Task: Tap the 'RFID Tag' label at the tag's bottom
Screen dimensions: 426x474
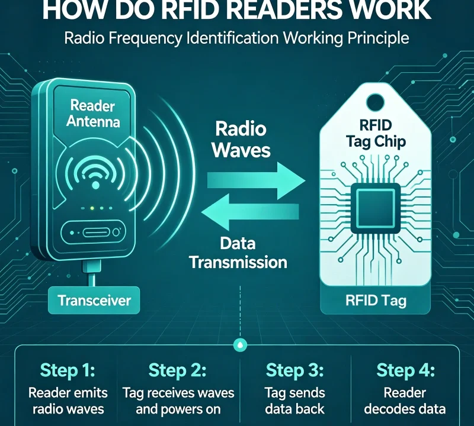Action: (376, 301)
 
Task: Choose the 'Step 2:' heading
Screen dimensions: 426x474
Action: (178, 371)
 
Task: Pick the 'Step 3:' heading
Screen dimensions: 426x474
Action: (294, 371)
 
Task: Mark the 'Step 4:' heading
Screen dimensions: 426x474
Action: (406, 371)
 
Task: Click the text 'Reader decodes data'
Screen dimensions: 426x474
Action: (406, 401)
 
